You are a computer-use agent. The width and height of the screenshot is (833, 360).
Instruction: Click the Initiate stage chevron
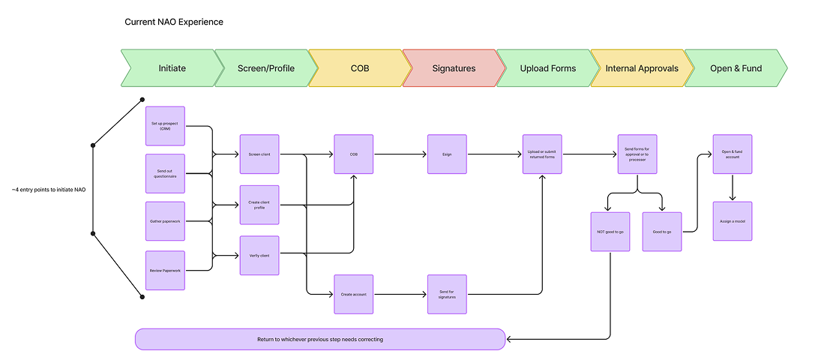pyautogui.click(x=172, y=68)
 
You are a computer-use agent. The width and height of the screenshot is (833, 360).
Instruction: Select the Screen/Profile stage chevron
pyautogui.click(x=265, y=68)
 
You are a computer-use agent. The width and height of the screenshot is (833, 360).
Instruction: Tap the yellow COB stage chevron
pyautogui.click(x=360, y=68)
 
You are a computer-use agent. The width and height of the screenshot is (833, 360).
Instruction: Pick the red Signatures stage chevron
pyautogui.click(x=454, y=68)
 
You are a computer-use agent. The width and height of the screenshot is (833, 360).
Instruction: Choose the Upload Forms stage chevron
pyautogui.click(x=548, y=68)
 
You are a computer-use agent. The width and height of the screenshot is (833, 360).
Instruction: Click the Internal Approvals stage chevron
pyautogui.click(x=642, y=68)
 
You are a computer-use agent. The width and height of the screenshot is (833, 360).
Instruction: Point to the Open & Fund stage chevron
pyautogui.click(x=736, y=68)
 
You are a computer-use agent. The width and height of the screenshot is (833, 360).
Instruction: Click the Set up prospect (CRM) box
pyautogui.click(x=165, y=126)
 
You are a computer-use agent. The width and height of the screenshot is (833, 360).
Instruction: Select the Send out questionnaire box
pyautogui.click(x=165, y=174)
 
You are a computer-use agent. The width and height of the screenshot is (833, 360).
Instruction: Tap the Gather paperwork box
pyautogui.click(x=165, y=222)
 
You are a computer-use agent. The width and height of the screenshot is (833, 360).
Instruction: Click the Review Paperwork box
pyautogui.click(x=165, y=270)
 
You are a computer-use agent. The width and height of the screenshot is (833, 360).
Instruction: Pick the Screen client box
pyautogui.click(x=259, y=154)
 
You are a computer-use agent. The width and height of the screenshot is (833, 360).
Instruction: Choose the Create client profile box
pyautogui.click(x=259, y=205)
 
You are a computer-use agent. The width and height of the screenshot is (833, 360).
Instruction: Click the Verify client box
pyautogui.click(x=259, y=255)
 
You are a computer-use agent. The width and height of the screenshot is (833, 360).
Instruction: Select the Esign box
pyautogui.click(x=447, y=154)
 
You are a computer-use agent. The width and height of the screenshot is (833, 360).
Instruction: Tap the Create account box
pyautogui.click(x=353, y=294)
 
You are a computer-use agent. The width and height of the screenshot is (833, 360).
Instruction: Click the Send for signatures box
pyautogui.click(x=447, y=294)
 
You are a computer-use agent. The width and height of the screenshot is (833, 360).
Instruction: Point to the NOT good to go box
pyautogui.click(x=610, y=232)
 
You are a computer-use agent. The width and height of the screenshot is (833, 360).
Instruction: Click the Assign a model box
pyautogui.click(x=732, y=221)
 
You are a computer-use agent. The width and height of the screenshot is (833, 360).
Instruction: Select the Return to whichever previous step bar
pyautogui.click(x=320, y=339)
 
